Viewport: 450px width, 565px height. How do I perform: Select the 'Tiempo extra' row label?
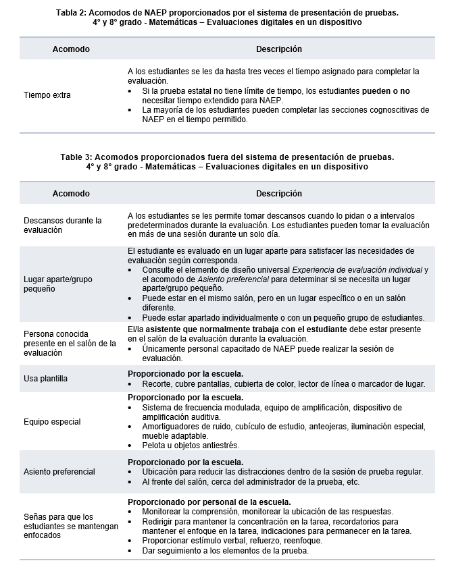pyautogui.click(x=47, y=95)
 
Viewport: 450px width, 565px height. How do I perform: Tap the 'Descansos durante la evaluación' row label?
pyautogui.click(x=62, y=225)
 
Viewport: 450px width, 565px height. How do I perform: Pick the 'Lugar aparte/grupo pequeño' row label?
pyautogui.click(x=58, y=284)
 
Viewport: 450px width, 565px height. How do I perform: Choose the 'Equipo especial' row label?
pyautogui.click(x=52, y=422)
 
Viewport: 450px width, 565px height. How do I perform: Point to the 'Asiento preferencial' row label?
pyautogui.click(x=59, y=472)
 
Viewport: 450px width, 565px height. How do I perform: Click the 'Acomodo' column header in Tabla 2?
pyautogui.click(x=71, y=49)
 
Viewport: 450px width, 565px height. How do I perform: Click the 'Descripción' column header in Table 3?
pyautogui.click(x=278, y=194)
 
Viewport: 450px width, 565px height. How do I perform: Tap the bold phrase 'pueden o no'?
pyautogui.click(x=386, y=90)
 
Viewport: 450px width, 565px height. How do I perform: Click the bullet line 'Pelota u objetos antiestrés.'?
pyautogui.click(x=191, y=446)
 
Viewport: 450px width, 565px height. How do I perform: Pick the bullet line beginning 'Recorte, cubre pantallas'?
pyautogui.click(x=284, y=384)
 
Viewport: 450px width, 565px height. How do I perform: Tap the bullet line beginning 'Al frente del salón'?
pyautogui.click(x=251, y=481)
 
